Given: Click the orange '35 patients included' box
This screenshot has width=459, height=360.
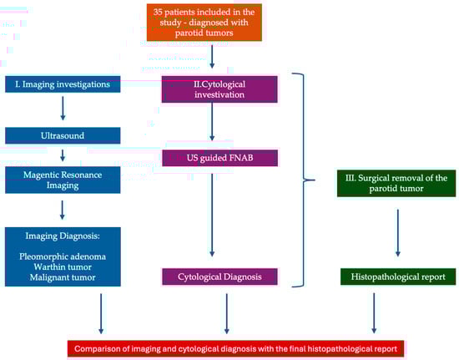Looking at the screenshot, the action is [204, 23].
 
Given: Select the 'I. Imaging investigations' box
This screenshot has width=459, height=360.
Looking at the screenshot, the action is [63, 84].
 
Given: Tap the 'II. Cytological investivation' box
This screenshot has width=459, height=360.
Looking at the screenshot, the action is [219, 89].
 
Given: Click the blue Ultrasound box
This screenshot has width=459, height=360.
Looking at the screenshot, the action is [63, 135].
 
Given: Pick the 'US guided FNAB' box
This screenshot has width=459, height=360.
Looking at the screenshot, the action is [219, 158].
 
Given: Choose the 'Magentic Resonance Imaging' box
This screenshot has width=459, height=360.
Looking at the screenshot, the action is [63, 180].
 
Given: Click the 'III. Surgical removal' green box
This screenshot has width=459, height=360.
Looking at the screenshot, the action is [396, 183].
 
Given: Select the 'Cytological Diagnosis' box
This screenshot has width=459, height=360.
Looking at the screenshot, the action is [219, 276].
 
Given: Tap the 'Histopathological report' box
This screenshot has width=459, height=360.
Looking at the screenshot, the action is [398, 276].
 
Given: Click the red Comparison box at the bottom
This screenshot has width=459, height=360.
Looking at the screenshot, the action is [235, 348].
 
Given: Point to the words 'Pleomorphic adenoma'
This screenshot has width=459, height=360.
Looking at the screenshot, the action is [63, 256].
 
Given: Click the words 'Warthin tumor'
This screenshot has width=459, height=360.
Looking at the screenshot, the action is [63, 266].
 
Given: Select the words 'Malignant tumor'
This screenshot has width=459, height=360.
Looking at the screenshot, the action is [63, 277].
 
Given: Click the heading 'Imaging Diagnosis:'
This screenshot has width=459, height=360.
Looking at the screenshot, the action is [63, 236].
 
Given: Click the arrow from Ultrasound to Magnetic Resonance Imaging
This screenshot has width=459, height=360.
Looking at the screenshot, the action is [63, 155].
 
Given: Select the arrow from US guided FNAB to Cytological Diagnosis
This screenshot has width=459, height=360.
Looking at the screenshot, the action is [212, 215].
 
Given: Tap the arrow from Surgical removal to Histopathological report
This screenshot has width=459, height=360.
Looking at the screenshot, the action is [397, 233].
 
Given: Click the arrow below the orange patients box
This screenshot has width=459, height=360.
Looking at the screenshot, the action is [212, 56].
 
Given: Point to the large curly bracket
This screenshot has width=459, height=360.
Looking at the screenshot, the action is [303, 180].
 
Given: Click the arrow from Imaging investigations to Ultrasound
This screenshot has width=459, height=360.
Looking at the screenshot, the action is [63, 108].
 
